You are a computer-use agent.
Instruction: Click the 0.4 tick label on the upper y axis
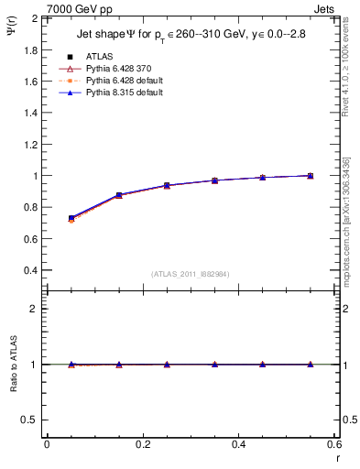coord(31,270)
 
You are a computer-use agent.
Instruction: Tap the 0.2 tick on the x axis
coord(143,444)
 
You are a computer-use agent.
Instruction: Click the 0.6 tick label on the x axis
coord(335,444)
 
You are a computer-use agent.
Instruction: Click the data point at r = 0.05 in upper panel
coord(71,218)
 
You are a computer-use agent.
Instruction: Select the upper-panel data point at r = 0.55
coord(311,175)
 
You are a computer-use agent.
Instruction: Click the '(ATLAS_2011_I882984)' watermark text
coord(191,274)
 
